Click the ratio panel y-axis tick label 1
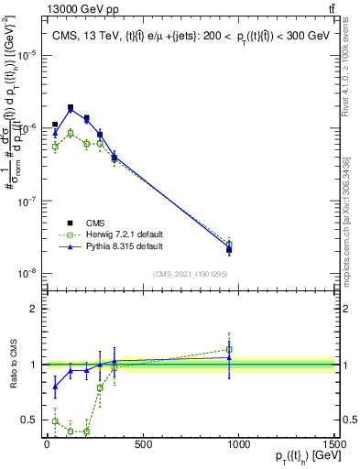click(33, 365)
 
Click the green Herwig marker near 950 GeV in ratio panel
click(229, 349)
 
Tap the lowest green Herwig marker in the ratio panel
click(86, 431)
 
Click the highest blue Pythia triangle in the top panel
click(71, 110)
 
